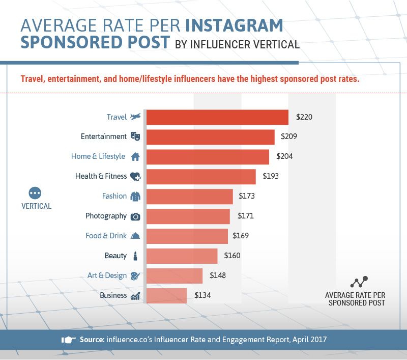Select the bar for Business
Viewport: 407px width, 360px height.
click(166, 295)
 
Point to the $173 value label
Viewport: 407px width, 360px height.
click(246, 196)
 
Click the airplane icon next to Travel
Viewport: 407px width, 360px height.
click(135, 117)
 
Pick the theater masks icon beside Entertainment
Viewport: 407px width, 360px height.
click(135, 136)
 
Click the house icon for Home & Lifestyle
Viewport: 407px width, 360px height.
click(135, 156)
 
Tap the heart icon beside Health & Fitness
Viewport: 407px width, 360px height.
click(135, 176)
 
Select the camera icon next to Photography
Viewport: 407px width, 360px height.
click(135, 216)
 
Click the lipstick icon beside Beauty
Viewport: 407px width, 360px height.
click(135, 256)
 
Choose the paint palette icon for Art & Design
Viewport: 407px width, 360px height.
click(135, 275)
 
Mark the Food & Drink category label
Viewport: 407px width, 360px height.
click(106, 236)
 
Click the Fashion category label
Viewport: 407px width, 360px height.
click(114, 196)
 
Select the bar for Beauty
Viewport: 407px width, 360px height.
click(182, 256)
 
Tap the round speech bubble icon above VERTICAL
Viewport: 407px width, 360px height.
click(35, 193)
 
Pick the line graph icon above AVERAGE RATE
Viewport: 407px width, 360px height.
click(359, 283)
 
